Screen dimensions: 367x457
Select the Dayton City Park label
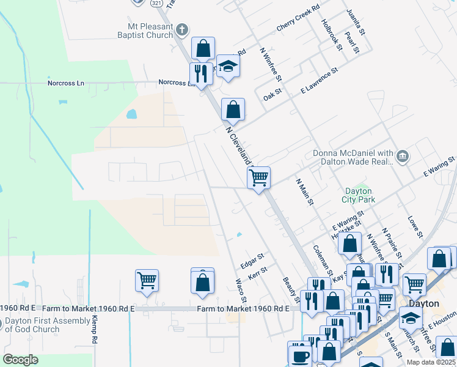click(359, 195)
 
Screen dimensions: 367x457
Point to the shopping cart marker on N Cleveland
click(258, 178)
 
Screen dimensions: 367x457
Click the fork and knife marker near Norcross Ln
click(201, 73)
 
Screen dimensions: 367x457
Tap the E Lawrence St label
click(319, 81)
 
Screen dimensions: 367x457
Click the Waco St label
click(241, 291)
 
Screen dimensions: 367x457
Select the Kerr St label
click(258, 273)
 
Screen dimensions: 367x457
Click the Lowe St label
click(415, 226)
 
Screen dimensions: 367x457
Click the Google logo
click(21, 359)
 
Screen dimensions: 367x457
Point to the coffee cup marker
click(299, 356)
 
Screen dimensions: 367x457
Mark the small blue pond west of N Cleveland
click(131, 114)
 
